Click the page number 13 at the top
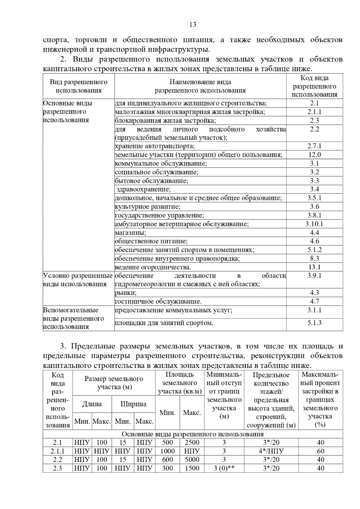193,25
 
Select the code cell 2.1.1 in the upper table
314,112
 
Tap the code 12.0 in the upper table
314,155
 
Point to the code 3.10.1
314,224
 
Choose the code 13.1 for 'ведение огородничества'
314,267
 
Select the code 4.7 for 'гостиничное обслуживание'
314,301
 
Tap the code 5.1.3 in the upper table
314,323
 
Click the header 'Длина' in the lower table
92,404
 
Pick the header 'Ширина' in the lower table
133,404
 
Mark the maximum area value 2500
192,442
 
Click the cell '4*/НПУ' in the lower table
271,451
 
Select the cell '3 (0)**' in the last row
224,468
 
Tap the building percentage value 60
320,451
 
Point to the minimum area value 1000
167,451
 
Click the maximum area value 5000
192,459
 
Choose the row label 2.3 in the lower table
58,468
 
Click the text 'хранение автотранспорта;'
155,146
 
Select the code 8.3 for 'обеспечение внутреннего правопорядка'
314,258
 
